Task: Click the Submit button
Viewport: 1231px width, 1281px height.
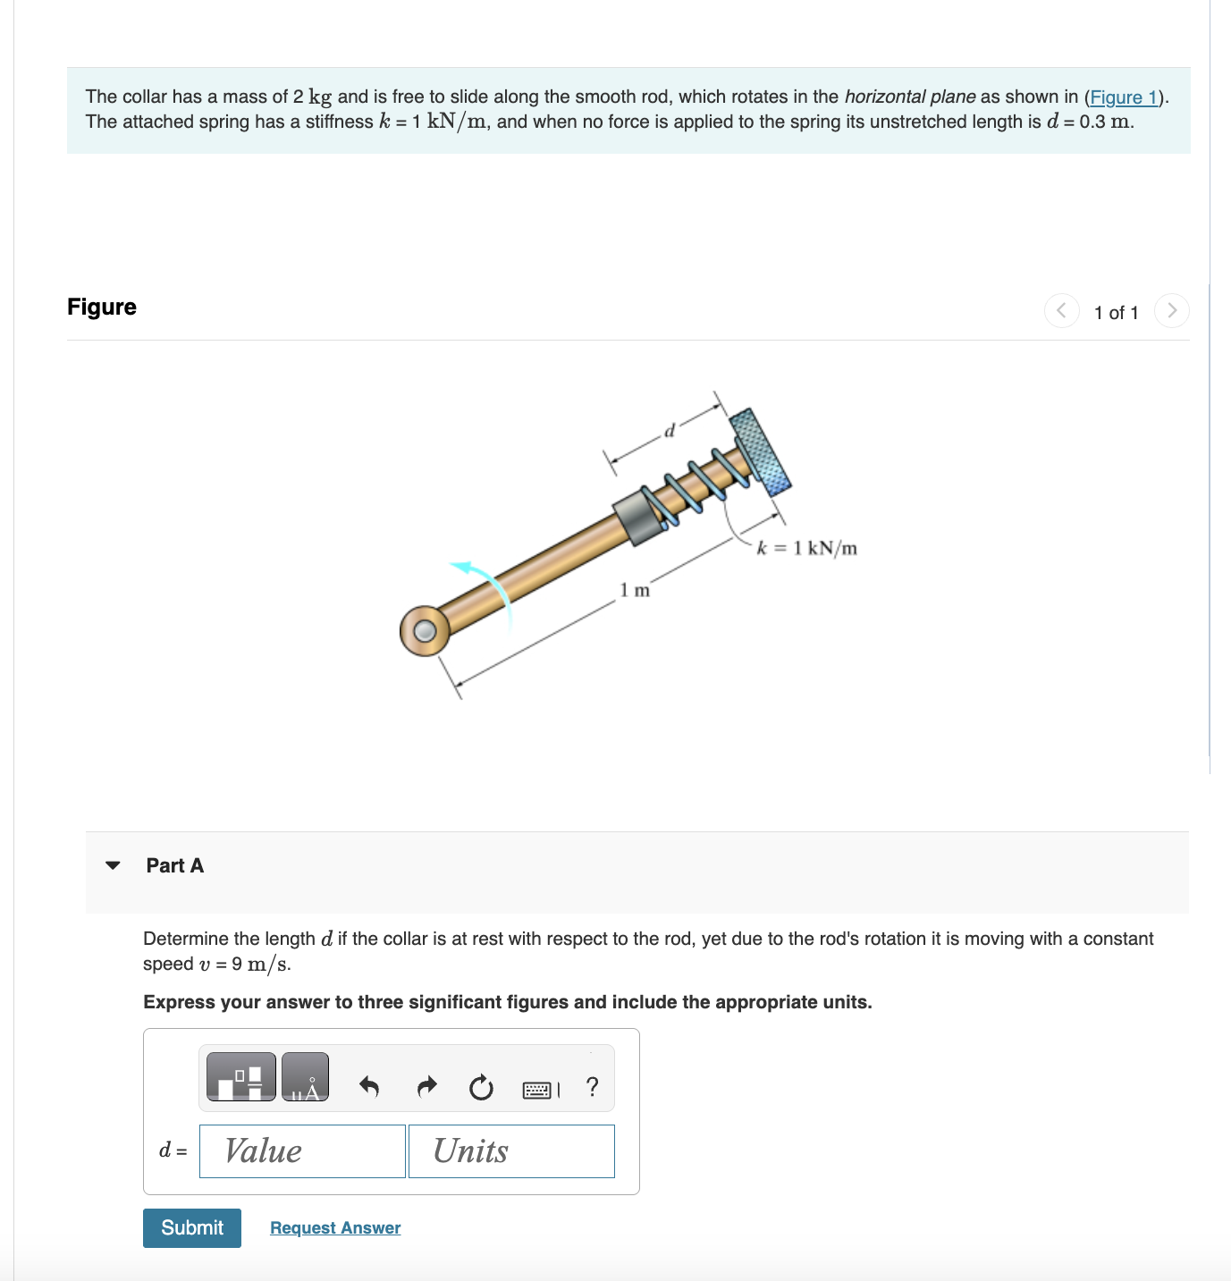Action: (x=191, y=1227)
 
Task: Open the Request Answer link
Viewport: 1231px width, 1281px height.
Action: (x=335, y=1227)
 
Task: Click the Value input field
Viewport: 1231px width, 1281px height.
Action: (x=302, y=1150)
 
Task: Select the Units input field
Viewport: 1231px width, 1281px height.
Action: (x=511, y=1150)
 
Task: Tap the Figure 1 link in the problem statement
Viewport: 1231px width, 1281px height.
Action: (x=1124, y=97)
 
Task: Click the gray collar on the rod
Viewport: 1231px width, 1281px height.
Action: (x=639, y=516)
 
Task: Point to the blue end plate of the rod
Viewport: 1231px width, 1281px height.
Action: (x=760, y=451)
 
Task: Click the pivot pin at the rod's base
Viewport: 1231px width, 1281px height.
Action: (x=426, y=631)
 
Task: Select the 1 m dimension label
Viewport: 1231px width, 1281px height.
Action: (x=635, y=590)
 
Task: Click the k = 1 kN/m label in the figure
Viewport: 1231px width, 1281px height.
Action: (x=806, y=548)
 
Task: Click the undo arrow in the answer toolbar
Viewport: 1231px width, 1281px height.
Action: (x=368, y=1087)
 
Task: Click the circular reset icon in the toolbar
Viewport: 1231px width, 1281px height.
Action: (x=481, y=1087)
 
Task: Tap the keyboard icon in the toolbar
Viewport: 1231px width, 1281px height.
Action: (x=536, y=1090)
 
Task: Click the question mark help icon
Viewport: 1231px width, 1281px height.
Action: (x=592, y=1087)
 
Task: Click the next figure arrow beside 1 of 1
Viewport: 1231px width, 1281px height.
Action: (x=1171, y=311)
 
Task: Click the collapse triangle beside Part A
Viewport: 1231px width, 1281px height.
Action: (x=113, y=865)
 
